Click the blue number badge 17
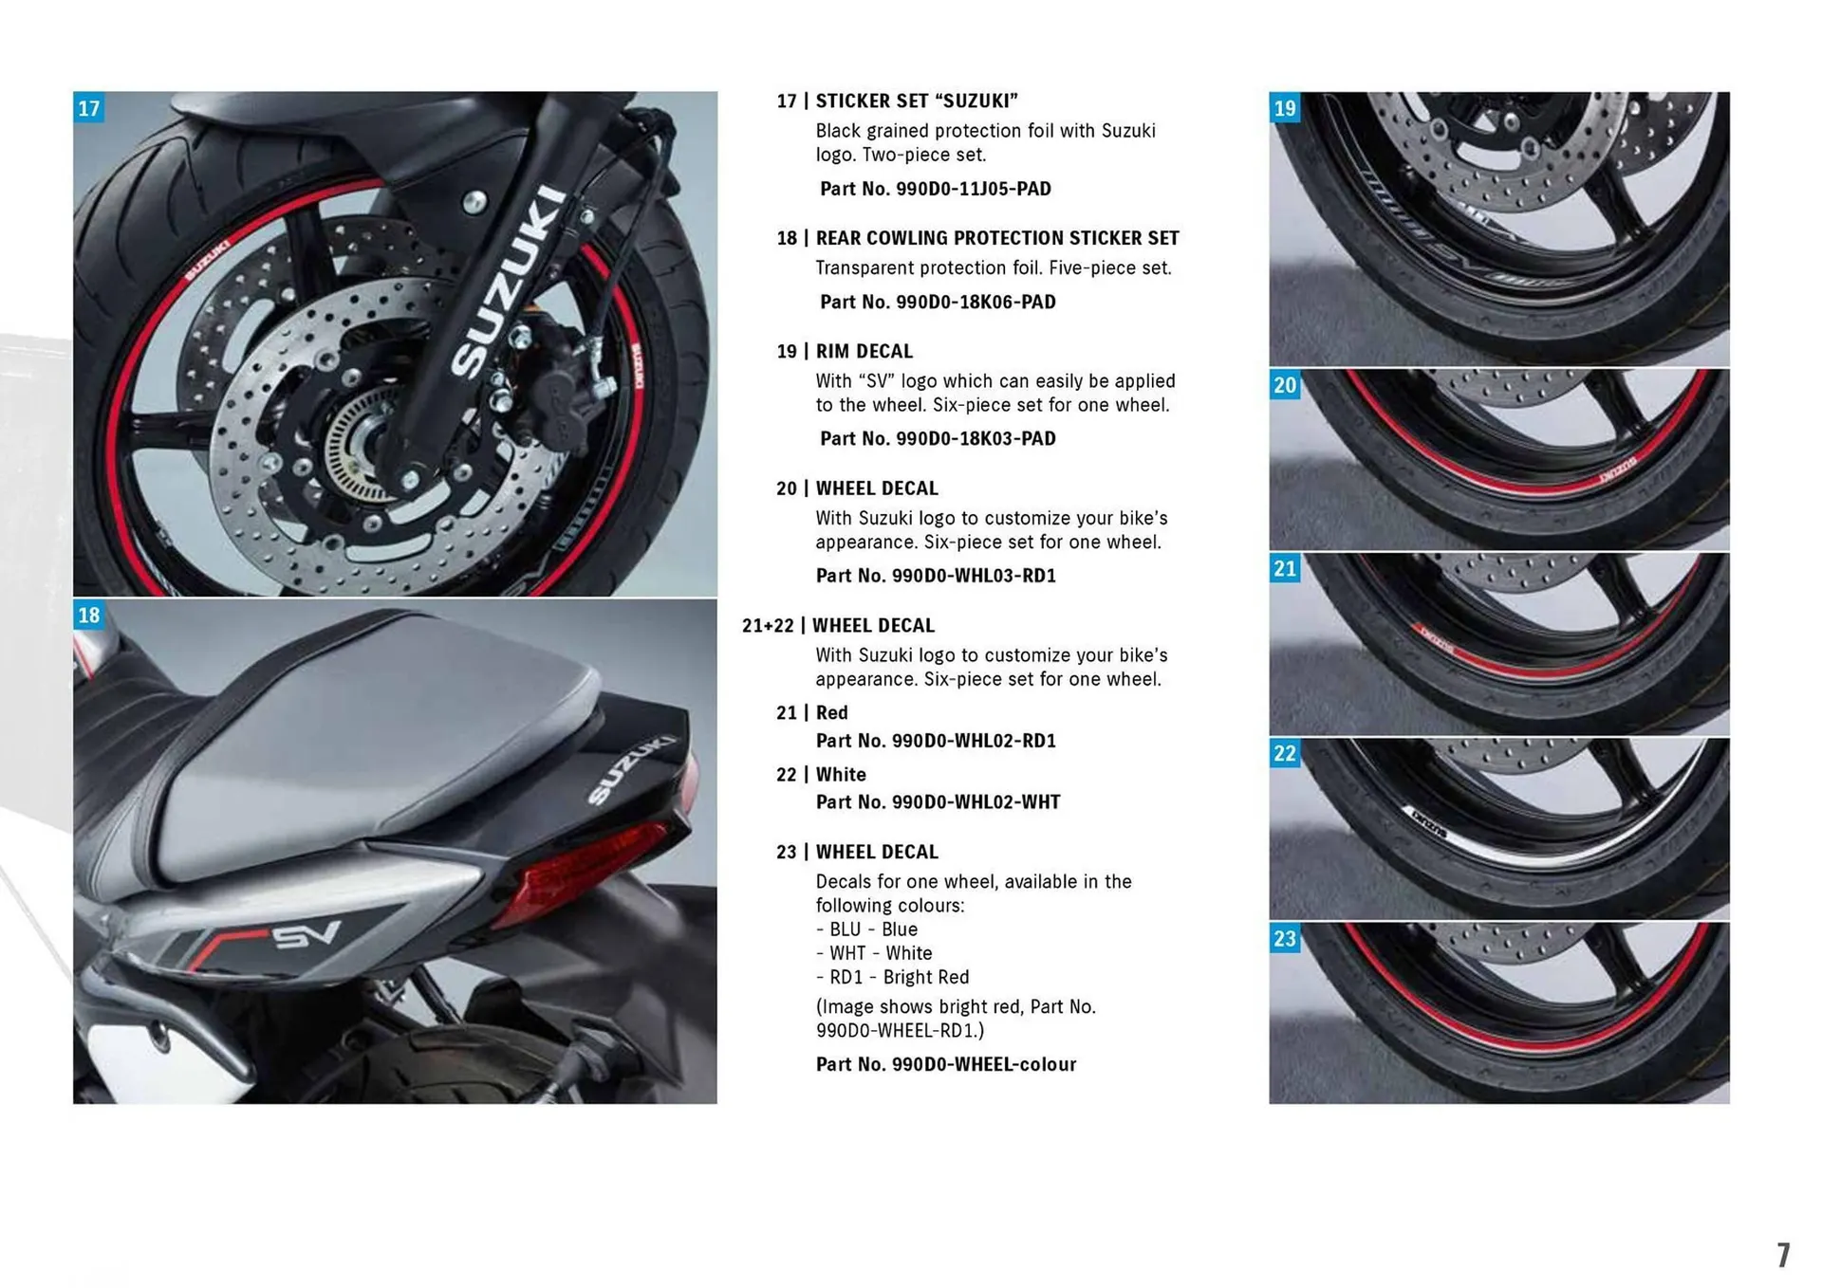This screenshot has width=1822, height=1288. point(88,108)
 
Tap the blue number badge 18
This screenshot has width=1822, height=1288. point(88,616)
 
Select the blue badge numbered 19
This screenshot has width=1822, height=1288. point(1285,108)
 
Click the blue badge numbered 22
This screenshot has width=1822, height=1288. point(1285,754)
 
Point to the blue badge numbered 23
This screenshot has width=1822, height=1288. point(1285,939)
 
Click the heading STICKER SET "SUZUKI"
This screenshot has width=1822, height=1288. point(916,101)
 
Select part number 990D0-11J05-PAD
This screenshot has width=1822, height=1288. point(935,189)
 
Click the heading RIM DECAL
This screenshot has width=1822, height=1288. point(864,351)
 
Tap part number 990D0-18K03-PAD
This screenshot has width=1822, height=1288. point(937,438)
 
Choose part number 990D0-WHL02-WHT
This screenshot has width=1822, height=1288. point(938,802)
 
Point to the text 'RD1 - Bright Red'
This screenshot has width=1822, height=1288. point(897,977)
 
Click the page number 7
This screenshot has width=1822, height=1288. point(1783,1255)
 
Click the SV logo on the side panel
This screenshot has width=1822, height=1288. point(306,935)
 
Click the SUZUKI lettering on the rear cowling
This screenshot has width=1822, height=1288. point(631,768)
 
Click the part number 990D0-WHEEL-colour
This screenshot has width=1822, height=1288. point(945,1064)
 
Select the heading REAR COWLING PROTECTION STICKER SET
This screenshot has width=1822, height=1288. point(996,238)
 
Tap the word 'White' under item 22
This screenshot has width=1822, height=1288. point(841,775)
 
